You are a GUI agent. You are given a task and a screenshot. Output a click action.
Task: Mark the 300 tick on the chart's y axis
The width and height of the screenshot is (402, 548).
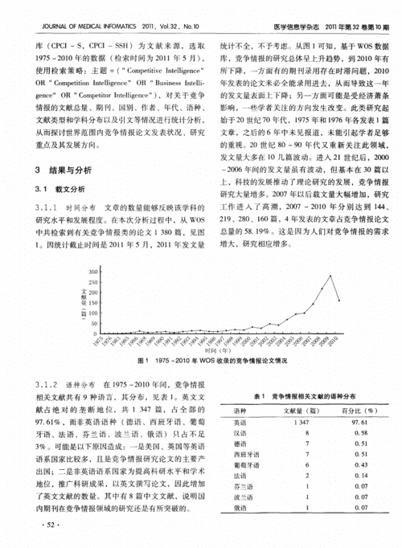click(x=94, y=272)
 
